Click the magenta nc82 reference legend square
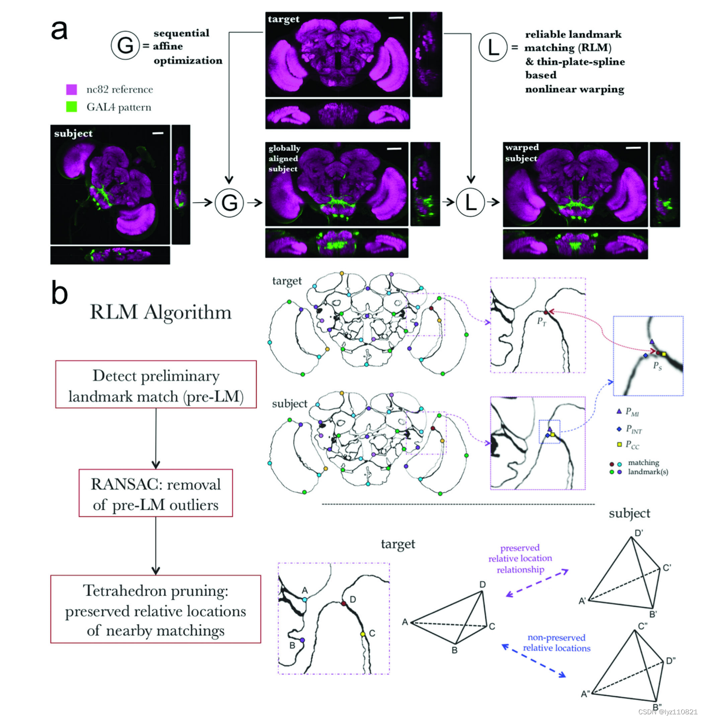point(71,89)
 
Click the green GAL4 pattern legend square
point(71,107)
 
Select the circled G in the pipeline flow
point(229,203)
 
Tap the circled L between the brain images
point(470,203)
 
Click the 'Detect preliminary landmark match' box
point(156,385)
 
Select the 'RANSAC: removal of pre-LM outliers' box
point(156,493)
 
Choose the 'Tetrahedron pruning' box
point(156,610)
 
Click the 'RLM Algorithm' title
point(161,312)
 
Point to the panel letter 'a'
point(59,30)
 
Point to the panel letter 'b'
point(59,292)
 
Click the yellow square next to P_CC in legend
point(619,444)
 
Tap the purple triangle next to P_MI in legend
point(619,411)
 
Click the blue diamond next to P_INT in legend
point(619,429)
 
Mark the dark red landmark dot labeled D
point(344,603)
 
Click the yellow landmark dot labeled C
point(363,634)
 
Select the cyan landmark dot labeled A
point(305,600)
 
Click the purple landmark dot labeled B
point(302,641)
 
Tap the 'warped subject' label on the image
point(522,153)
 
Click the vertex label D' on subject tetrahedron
point(639,533)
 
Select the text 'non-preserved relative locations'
point(556,643)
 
